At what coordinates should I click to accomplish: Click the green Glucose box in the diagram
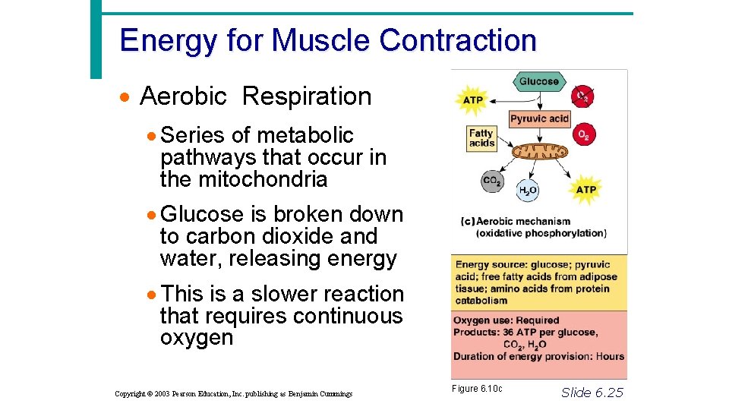coord(539,81)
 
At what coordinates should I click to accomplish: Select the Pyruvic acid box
coord(539,118)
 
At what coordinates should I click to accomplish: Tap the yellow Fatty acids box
coord(481,138)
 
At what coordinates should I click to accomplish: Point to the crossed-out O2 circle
coord(582,96)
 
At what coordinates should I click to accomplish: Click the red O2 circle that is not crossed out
coord(583,135)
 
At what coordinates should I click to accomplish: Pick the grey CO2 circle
coord(492,181)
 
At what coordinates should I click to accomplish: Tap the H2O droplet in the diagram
coord(528,190)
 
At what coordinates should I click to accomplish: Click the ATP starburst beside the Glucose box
coord(472,100)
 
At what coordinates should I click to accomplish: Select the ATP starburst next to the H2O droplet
coord(585,190)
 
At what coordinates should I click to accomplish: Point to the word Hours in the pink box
coord(610,356)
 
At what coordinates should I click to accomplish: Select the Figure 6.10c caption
coord(477,389)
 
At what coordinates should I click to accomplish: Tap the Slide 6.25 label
coord(592,392)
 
